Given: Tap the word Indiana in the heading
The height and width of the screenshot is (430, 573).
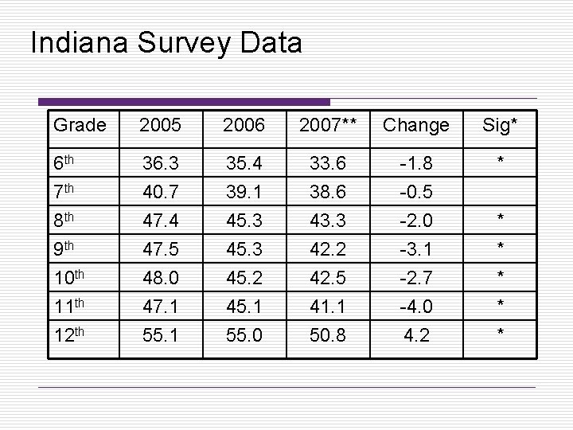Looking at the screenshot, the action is [x=80, y=42].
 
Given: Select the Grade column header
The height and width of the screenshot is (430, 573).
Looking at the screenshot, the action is [x=80, y=125].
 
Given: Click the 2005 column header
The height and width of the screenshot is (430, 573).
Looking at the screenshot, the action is [x=161, y=125].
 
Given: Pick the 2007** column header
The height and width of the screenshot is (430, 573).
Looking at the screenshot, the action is [x=328, y=125].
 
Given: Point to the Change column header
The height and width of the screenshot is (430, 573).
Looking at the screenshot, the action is [x=416, y=126].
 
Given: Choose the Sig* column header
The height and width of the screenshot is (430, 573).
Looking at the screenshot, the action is [x=500, y=126].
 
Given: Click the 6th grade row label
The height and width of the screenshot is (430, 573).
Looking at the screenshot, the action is [x=64, y=162].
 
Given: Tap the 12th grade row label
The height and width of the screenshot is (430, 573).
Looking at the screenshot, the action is [x=69, y=334].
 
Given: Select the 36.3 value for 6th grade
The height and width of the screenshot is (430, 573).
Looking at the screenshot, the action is [x=161, y=163].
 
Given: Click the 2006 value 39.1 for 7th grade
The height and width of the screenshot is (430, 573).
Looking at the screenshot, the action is [x=244, y=192].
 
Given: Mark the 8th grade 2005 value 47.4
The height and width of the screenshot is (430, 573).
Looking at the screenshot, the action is [x=161, y=221].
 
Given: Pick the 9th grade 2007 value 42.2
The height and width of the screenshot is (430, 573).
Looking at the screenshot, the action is [x=328, y=249].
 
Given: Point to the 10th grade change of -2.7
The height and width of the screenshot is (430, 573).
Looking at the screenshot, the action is [x=416, y=278].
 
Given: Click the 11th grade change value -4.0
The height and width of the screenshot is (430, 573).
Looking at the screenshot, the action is [x=416, y=307].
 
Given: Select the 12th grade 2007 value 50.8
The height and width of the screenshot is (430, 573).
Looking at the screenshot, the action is [x=328, y=335].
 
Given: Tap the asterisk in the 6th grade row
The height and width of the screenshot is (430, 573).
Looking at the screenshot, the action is [x=501, y=159].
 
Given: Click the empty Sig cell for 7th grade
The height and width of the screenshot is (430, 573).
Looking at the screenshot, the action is [x=500, y=191].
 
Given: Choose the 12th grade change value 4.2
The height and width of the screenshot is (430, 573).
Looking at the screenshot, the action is [x=416, y=335].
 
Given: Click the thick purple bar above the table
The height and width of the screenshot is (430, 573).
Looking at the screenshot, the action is [x=184, y=102].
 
